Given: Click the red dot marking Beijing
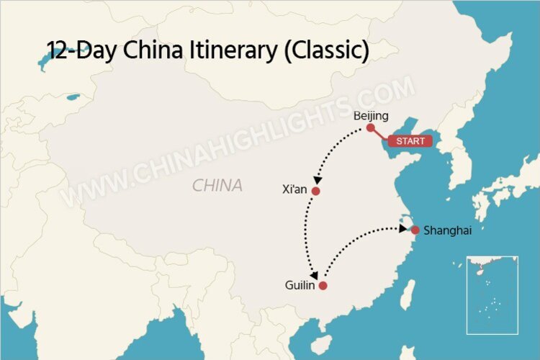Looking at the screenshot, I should pos(370,127).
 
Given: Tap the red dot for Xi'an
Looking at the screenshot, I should pos(315,191).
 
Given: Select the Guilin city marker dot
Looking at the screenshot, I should pos(323,286).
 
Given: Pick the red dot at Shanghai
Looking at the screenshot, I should pos(415,230).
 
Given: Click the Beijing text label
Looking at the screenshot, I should pos(372,115).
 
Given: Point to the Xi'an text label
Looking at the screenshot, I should pos(295,191).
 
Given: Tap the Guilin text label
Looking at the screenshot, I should pos(300,286).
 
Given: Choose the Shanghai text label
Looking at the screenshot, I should pos(448,230).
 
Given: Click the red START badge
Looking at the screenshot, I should pos(410,141).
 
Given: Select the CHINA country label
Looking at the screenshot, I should pos(217,186).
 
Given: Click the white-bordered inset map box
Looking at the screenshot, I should pos(492,294).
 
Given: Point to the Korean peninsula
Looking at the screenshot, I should pos(461,162).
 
